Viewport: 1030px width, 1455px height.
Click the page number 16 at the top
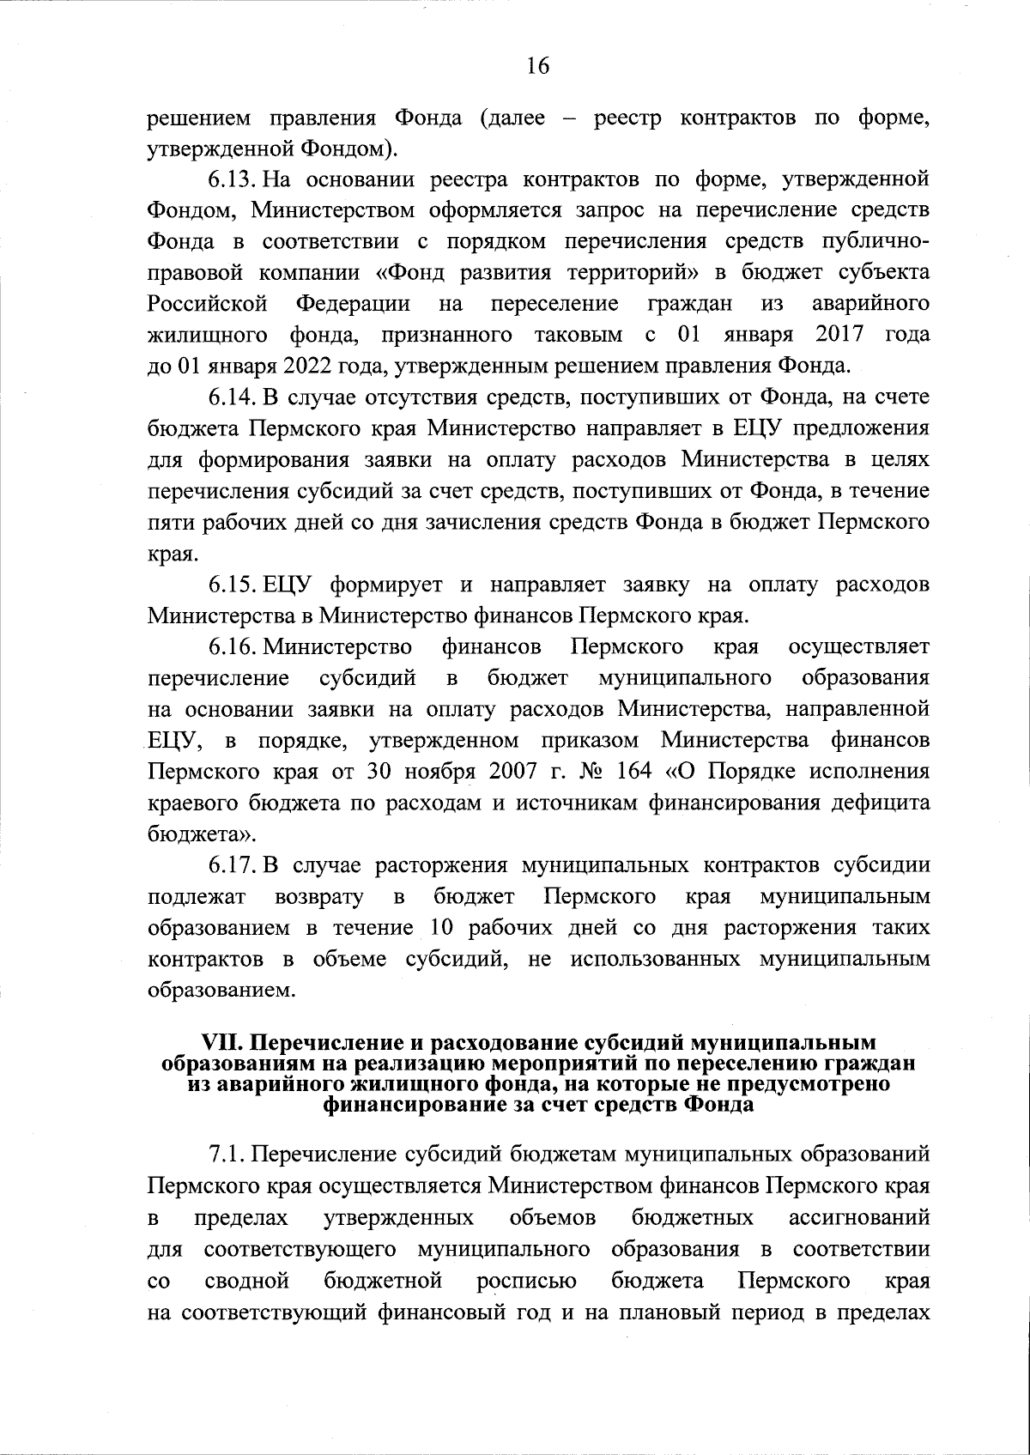click(537, 66)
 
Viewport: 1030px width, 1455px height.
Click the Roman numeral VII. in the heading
click(222, 1043)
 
